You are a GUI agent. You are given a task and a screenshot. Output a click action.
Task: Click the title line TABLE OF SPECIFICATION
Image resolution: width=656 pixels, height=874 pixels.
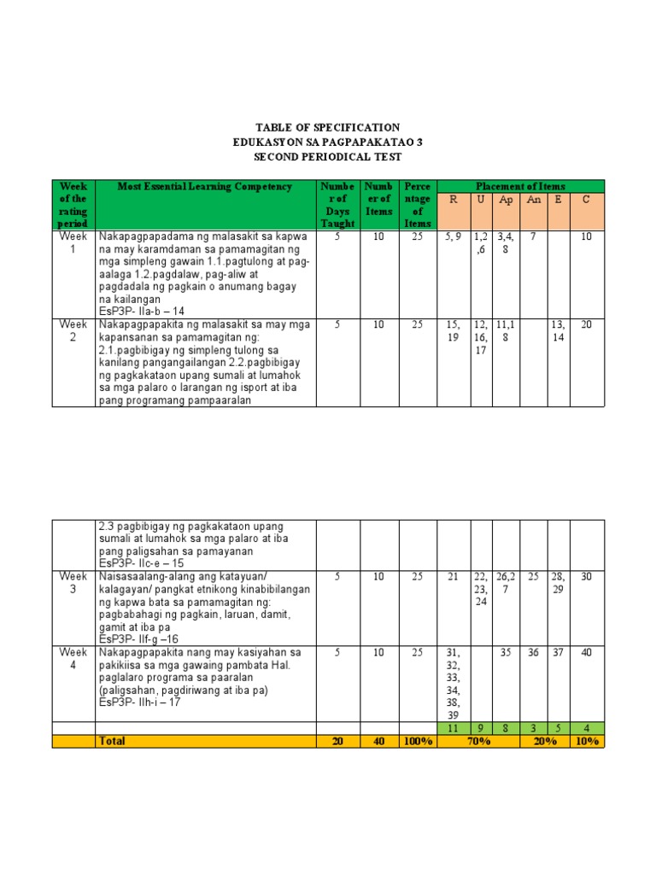click(328, 127)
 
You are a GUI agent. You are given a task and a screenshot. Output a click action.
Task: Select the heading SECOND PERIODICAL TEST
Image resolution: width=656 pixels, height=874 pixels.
click(328, 158)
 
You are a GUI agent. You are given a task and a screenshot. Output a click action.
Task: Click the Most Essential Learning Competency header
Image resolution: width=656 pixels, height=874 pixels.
click(205, 186)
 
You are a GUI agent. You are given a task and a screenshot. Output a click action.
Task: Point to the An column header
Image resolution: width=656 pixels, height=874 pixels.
click(534, 199)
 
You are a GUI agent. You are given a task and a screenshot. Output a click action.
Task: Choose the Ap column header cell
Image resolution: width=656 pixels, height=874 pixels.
click(507, 199)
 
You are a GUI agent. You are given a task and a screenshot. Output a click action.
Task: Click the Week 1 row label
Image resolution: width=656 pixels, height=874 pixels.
click(73, 242)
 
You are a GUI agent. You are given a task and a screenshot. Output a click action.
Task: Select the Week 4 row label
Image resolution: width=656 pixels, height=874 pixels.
click(73, 658)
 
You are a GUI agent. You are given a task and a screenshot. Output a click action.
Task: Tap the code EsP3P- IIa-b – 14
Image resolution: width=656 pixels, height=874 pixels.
click(142, 312)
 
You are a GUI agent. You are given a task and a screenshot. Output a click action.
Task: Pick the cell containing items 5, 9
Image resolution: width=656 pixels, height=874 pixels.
click(453, 236)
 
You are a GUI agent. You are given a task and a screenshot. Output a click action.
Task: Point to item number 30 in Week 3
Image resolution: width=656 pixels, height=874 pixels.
click(586, 577)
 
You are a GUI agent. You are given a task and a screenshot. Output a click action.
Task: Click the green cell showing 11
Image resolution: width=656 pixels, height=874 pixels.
click(453, 729)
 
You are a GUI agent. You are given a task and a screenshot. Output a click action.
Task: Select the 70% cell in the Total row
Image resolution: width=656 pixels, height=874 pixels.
click(478, 742)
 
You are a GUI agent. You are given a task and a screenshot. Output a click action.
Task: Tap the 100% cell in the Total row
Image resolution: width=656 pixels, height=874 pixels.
click(418, 742)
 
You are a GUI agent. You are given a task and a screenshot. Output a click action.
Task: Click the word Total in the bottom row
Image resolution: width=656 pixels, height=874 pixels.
click(112, 742)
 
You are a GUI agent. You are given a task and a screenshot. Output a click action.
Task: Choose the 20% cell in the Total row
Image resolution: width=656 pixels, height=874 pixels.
click(546, 742)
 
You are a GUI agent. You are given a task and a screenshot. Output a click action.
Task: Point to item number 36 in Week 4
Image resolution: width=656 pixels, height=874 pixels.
click(534, 652)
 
